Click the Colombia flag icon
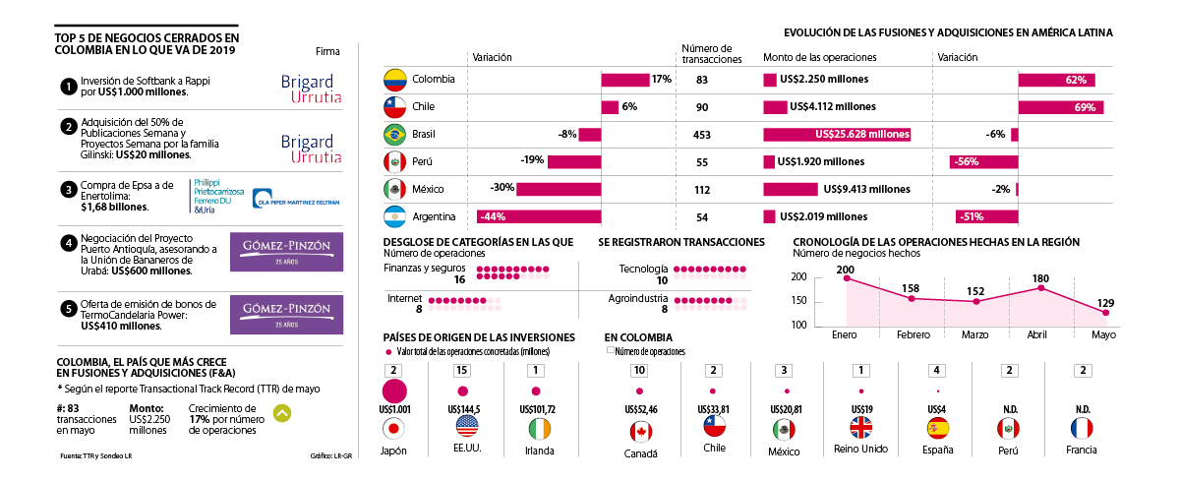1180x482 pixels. coord(394,79)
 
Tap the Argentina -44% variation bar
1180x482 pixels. coord(537,216)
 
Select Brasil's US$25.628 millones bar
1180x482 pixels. coord(837,134)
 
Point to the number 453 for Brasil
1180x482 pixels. coord(701,134)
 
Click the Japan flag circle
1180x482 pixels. coord(394,429)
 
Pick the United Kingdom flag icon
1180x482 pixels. coord(861,429)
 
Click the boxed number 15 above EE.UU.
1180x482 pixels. coord(462,370)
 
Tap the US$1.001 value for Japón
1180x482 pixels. coord(393,408)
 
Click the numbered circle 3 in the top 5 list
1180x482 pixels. coord(68,190)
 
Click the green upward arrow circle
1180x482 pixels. coord(281,414)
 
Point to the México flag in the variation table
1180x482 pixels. coord(394,189)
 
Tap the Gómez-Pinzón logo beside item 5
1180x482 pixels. coord(286,313)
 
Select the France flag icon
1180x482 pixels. coord(1083,429)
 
